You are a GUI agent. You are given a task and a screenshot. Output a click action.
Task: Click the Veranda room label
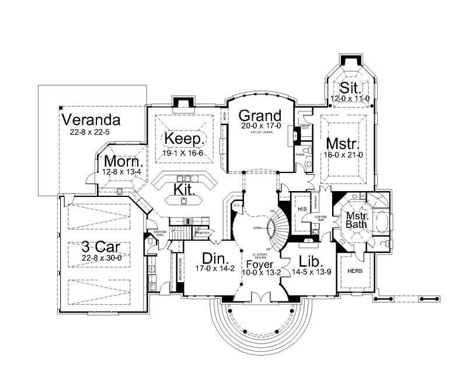91,120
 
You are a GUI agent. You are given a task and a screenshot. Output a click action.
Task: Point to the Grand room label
260,115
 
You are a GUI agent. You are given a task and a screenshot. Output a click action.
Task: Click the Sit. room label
351,89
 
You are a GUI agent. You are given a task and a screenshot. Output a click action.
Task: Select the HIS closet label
302,209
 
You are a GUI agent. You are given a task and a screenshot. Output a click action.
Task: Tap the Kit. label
184,189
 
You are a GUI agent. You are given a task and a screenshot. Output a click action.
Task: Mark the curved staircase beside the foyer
278,228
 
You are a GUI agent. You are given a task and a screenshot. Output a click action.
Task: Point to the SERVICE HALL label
159,234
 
